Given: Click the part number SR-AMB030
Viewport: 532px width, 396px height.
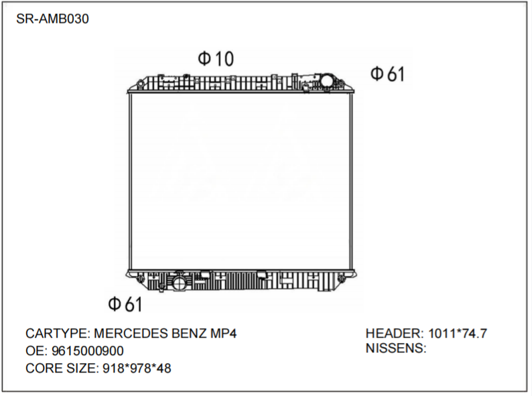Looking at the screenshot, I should tap(52, 19).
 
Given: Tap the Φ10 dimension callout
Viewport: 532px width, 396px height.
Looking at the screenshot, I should tap(216, 59).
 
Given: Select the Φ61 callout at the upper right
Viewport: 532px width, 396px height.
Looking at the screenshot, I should tap(388, 74).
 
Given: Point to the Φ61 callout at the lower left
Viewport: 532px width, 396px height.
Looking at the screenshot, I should tap(125, 305).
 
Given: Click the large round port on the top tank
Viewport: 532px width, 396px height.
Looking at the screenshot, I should tap(327, 81).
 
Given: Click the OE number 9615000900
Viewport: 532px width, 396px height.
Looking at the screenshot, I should tap(87, 350).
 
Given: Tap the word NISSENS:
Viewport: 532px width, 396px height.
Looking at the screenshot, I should tap(396, 348).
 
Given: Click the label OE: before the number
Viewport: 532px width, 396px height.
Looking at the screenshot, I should tap(36, 350).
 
